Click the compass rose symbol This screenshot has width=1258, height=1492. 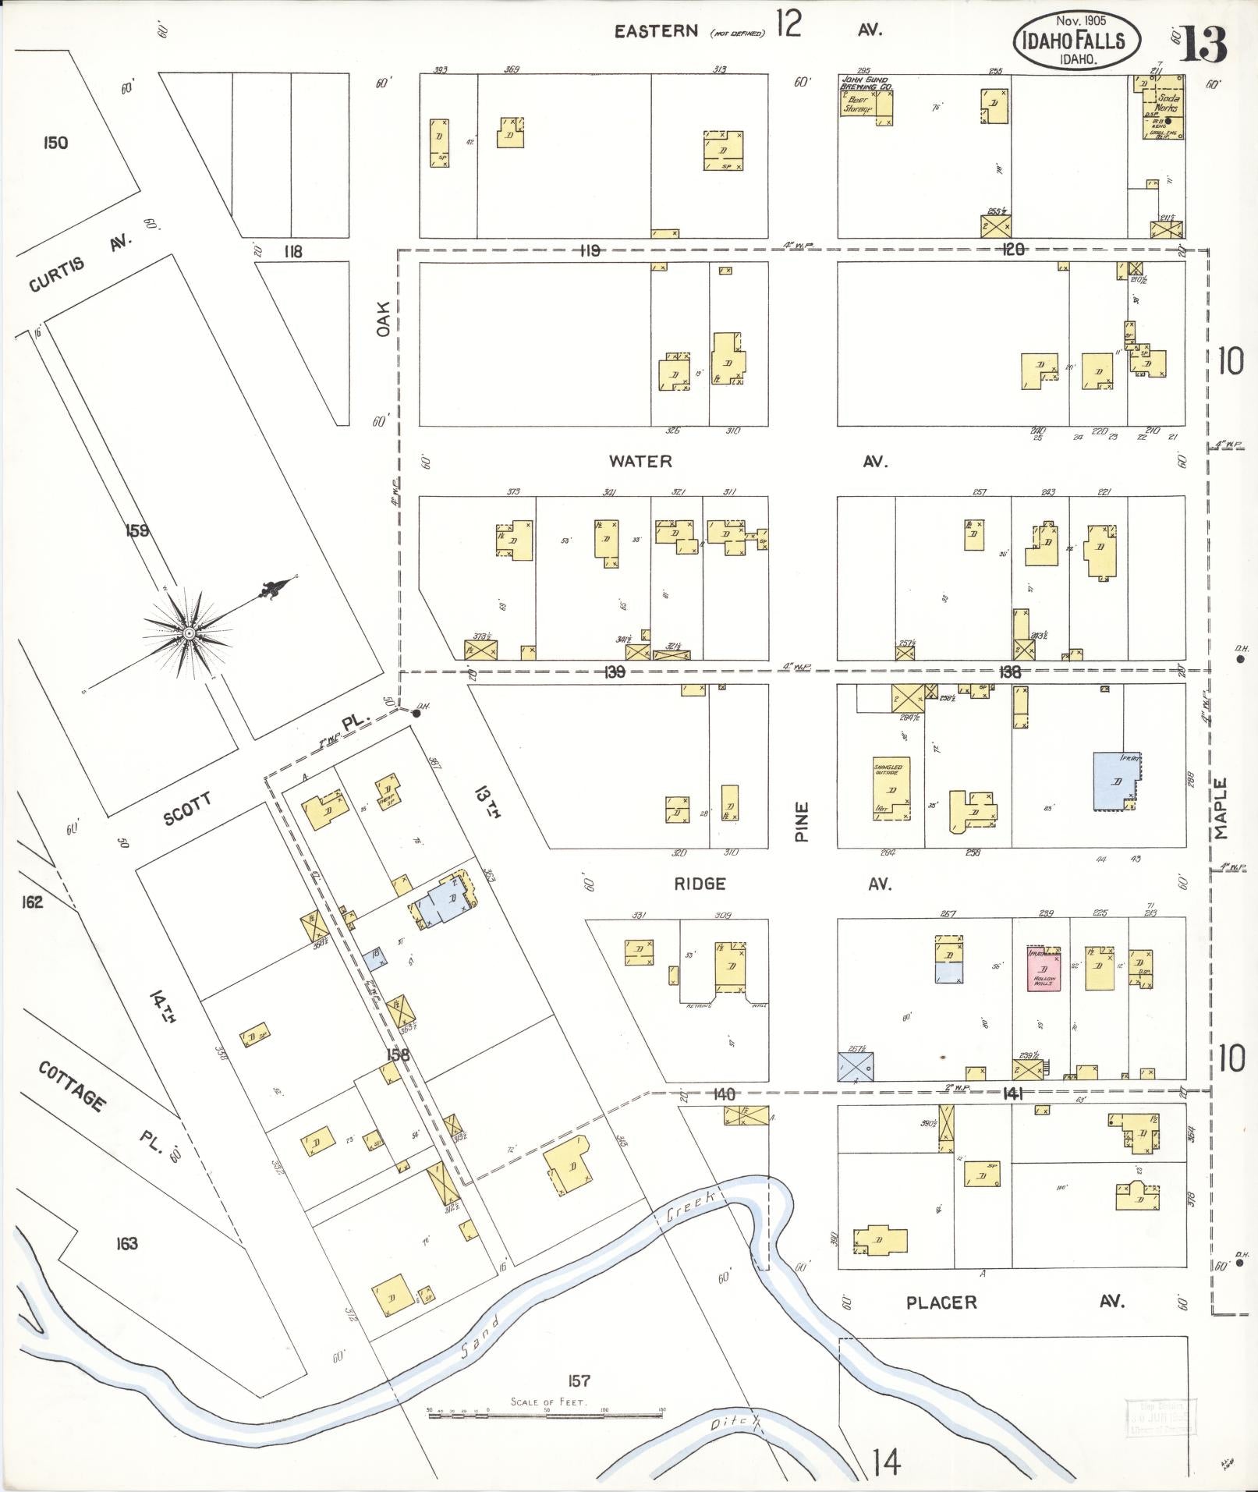pyautogui.click(x=188, y=632)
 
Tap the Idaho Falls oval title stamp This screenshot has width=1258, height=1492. pyautogui.click(x=1076, y=40)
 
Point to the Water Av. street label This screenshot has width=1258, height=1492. pyautogui.click(x=640, y=461)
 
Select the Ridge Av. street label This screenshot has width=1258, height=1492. pyautogui.click(x=700, y=884)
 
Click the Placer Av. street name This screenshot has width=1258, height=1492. pyautogui.click(x=941, y=1302)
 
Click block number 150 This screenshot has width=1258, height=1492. pyautogui.click(x=55, y=143)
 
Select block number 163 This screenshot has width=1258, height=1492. pyautogui.click(x=126, y=1243)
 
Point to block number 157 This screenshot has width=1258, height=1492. pyautogui.click(x=578, y=1380)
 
